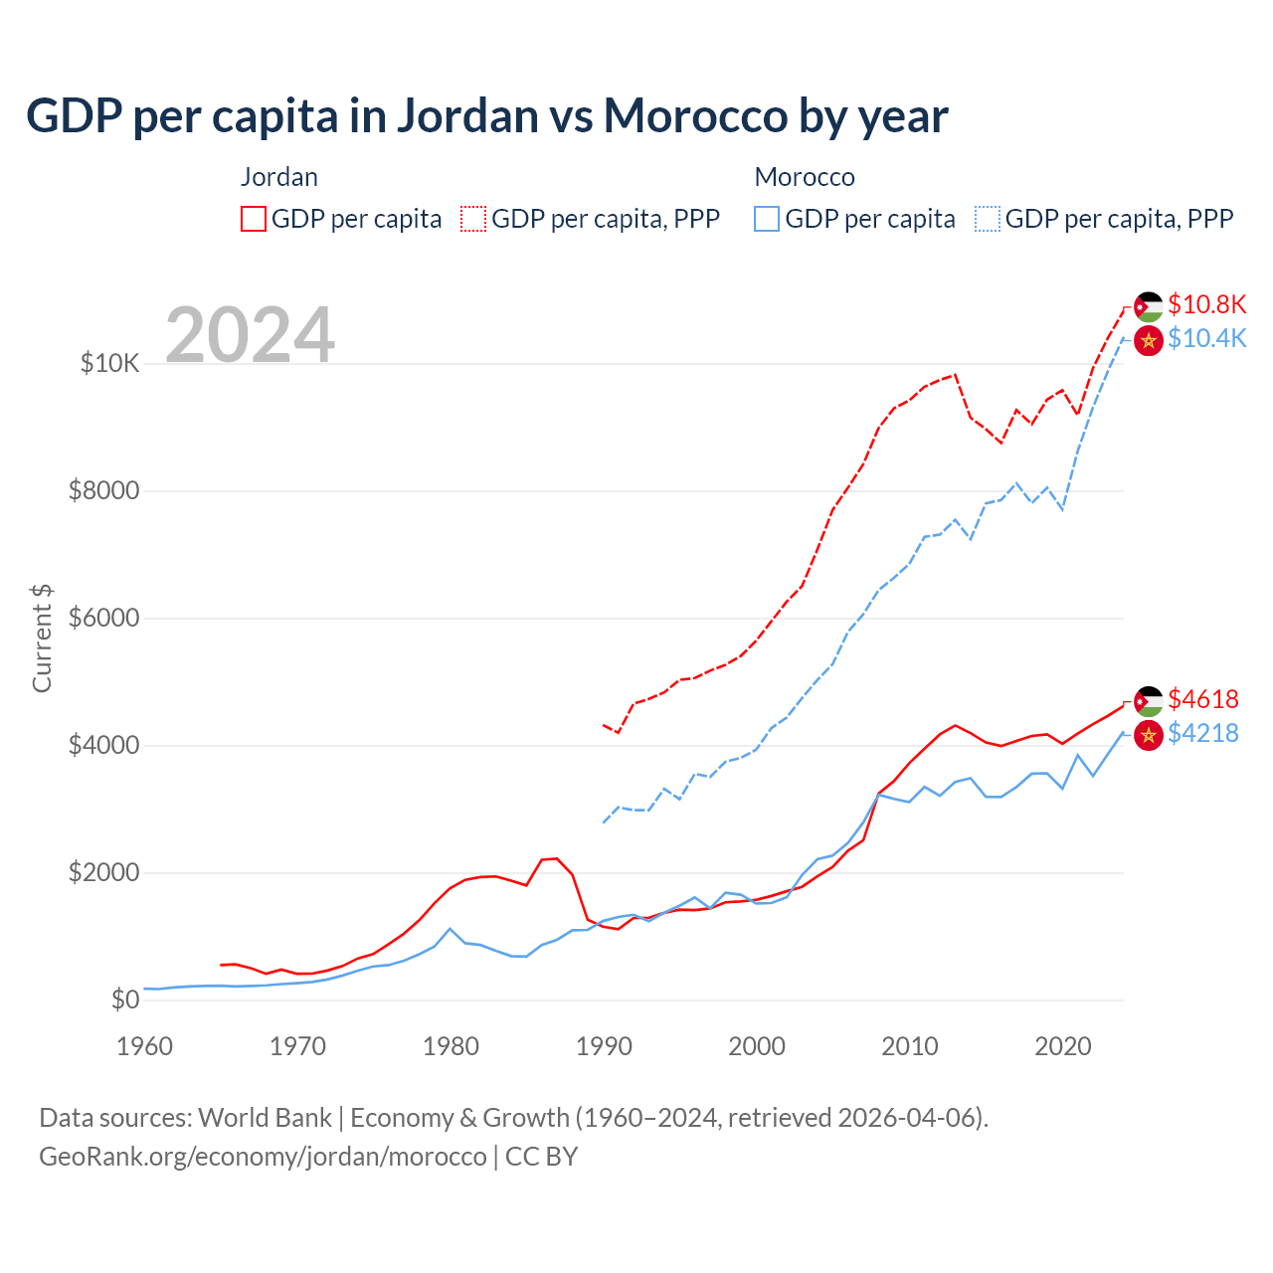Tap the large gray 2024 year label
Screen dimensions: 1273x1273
(250, 335)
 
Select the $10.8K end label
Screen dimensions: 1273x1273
(1206, 304)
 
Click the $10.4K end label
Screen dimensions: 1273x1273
(1206, 338)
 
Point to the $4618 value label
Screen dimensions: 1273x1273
(1203, 699)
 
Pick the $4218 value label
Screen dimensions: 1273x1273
(1203, 733)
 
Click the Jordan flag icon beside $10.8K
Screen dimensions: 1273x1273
(1149, 306)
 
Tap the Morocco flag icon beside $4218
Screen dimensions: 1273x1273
(1149, 735)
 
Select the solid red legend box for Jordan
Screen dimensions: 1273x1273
(254, 219)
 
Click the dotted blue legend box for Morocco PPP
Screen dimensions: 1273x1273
(988, 219)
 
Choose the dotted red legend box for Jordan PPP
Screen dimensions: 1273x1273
(473, 219)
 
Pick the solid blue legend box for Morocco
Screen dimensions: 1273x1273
(767, 219)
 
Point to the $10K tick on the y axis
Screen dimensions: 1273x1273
(109, 363)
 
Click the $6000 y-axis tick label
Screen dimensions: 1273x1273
(103, 618)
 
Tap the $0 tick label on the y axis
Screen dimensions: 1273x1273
(125, 1000)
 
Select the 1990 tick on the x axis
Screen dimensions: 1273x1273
(604, 1046)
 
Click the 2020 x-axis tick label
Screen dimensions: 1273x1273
(1063, 1046)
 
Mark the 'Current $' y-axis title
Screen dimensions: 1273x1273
(42, 637)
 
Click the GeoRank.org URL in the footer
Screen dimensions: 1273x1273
(263, 1157)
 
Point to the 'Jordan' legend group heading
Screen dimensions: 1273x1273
(279, 177)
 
